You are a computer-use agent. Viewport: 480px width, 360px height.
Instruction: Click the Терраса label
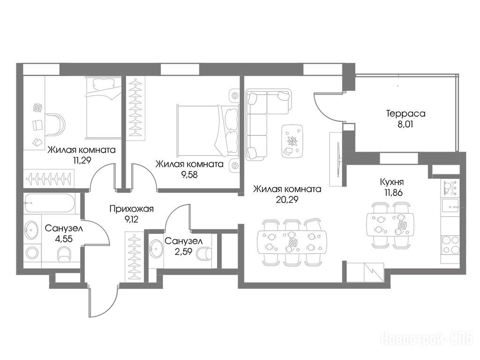(405, 113)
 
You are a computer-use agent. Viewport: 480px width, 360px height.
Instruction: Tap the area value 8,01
(405, 124)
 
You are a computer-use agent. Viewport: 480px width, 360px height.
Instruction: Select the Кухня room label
(391, 182)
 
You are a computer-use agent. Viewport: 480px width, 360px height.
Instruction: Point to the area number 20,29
(287, 200)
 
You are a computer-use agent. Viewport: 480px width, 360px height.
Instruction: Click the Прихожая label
(131, 209)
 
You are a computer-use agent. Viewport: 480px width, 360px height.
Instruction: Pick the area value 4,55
(64, 239)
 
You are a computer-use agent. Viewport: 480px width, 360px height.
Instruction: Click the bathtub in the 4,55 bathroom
(50, 202)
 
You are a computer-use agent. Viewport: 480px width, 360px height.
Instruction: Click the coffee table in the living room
(292, 141)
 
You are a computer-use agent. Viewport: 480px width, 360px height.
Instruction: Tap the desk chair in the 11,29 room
(56, 124)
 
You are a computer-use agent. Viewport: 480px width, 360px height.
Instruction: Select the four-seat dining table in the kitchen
(390, 225)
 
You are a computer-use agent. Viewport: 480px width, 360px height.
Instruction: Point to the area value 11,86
(392, 193)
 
